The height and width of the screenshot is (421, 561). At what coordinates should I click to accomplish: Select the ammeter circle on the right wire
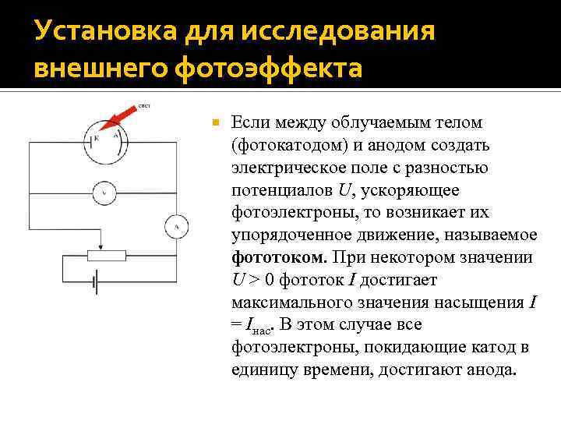point(176,227)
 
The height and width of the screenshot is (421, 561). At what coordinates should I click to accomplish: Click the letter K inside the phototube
point(96,138)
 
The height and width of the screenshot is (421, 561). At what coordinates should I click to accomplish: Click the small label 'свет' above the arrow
point(145,104)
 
